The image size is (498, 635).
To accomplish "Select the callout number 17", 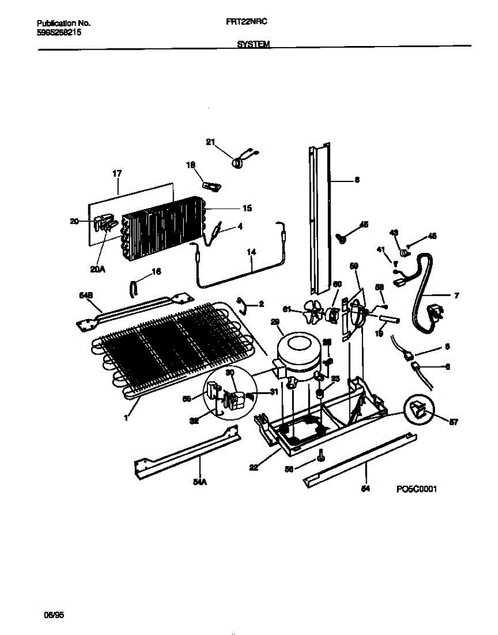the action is [117, 173].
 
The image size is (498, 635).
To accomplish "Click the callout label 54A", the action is [200, 482].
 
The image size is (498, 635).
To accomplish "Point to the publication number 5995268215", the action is [59, 32].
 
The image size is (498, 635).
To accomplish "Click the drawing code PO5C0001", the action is [416, 489].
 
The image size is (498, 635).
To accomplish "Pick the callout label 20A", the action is [97, 269].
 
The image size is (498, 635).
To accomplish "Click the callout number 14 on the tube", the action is [251, 253].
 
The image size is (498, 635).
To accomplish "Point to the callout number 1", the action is [126, 419].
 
